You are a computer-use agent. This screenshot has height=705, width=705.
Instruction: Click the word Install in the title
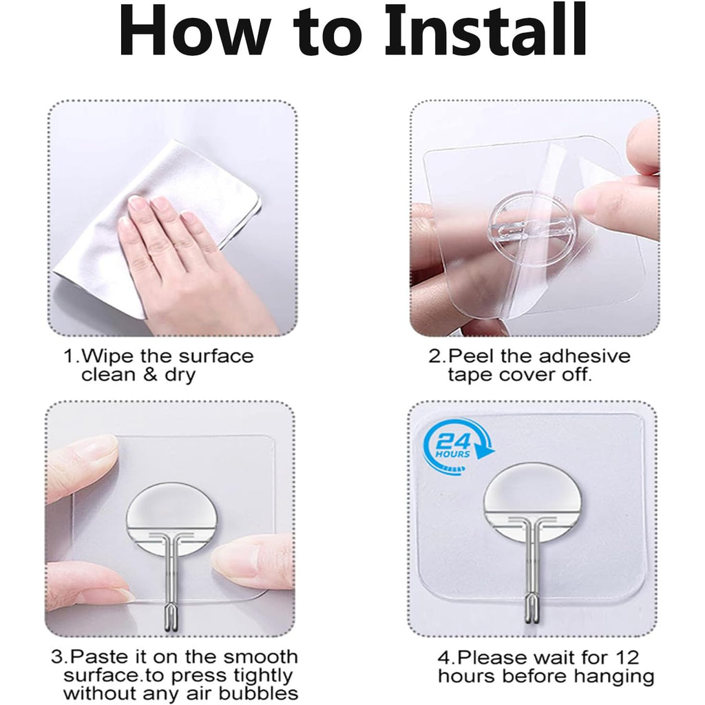485,30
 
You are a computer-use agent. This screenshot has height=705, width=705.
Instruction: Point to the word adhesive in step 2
584,357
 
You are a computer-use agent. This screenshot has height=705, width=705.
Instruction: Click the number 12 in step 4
627,657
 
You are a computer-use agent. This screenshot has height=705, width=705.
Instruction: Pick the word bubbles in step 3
260,693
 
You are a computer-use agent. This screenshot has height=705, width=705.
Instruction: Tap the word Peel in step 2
472,357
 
